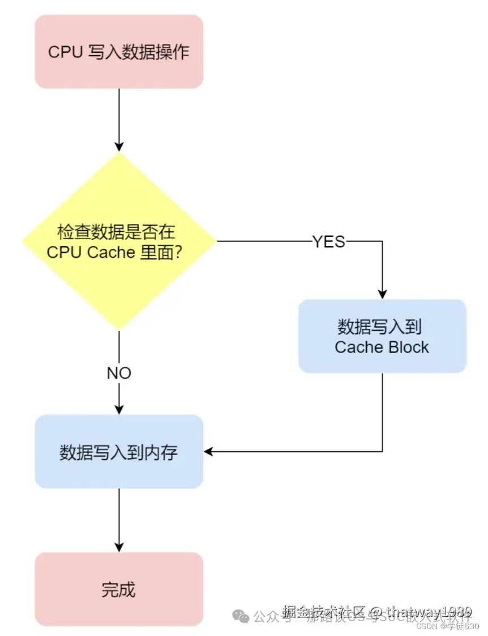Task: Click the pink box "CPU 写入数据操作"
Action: pyautogui.click(x=119, y=52)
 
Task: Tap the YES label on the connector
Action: pyautogui.click(x=328, y=242)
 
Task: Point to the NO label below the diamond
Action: pyautogui.click(x=119, y=373)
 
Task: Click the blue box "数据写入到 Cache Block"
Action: pyautogui.click(x=382, y=336)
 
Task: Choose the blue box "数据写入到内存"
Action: pyautogui.click(x=119, y=452)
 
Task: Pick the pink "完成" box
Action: pyautogui.click(x=119, y=590)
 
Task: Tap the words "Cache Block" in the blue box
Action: pyautogui.click(x=382, y=347)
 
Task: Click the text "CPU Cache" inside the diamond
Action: pyautogui.click(x=91, y=252)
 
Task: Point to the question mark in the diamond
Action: pyautogui.click(x=177, y=252)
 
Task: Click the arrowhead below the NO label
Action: pyautogui.click(x=119, y=409)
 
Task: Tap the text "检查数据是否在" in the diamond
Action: pyautogui.click(x=116, y=232)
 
